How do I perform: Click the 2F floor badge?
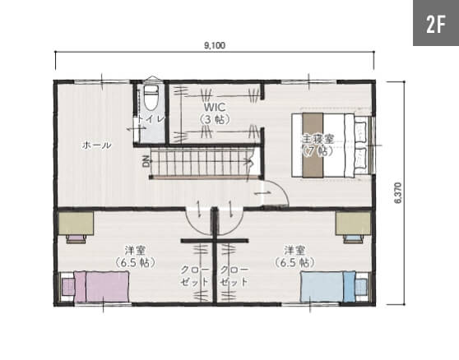coord(436,23)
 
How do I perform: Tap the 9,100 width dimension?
coord(215,46)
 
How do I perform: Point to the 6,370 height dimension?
coord(398,192)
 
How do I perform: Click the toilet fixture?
coord(151,97)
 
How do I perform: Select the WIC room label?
coord(215,113)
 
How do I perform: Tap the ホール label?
coord(96,145)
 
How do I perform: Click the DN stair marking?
coord(146,161)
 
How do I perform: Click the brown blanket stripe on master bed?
coord(313,145)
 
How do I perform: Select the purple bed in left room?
coord(101,287)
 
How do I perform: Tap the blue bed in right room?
coord(328,287)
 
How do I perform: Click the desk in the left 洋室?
coord(76,224)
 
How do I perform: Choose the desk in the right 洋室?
coord(354,224)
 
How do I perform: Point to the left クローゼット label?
coord(195,276)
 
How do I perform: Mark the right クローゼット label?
coord(234,276)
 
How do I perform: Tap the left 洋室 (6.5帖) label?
coord(135,256)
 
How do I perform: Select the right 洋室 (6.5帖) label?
coord(294,256)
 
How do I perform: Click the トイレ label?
coord(151,118)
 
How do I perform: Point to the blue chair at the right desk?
coord(353,239)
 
